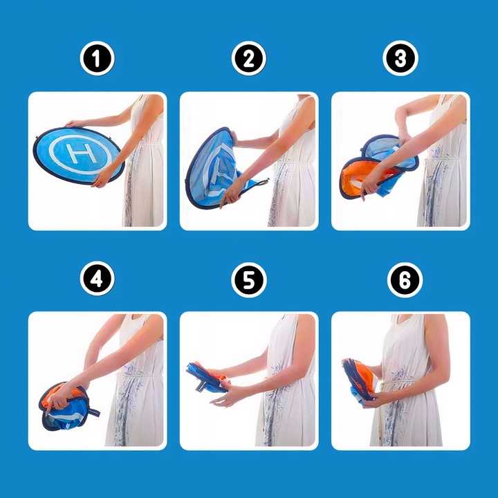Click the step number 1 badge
coord(98,58)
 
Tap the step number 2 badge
coord(249,58)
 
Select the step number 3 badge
coord(400,58)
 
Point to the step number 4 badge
coord(98,279)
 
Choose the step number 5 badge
coord(249,280)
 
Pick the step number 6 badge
coord(405,280)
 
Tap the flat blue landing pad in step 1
coord(78,156)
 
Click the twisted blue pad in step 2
coord(219,168)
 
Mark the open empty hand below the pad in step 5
coord(223,398)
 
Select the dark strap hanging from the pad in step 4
coord(93,411)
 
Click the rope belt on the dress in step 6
coord(403,382)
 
